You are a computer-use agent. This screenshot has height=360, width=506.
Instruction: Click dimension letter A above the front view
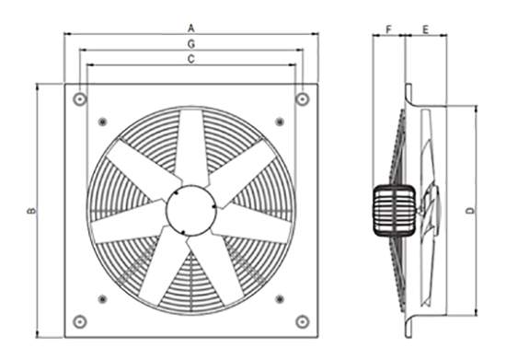click(x=191, y=29)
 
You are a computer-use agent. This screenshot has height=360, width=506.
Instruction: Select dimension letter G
click(x=191, y=44)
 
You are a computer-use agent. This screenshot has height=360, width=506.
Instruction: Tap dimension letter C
click(x=191, y=59)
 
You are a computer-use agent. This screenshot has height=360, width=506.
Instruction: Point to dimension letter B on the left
click(x=31, y=211)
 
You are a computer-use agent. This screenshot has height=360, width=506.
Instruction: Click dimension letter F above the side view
click(x=388, y=29)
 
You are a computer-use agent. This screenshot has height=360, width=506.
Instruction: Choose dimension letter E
click(x=426, y=30)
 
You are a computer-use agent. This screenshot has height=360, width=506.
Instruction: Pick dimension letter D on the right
click(x=471, y=211)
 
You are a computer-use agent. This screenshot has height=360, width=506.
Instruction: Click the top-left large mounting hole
click(x=80, y=99)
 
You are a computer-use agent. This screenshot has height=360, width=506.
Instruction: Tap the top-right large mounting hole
click(x=303, y=99)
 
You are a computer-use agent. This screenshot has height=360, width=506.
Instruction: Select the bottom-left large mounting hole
click(x=80, y=321)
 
